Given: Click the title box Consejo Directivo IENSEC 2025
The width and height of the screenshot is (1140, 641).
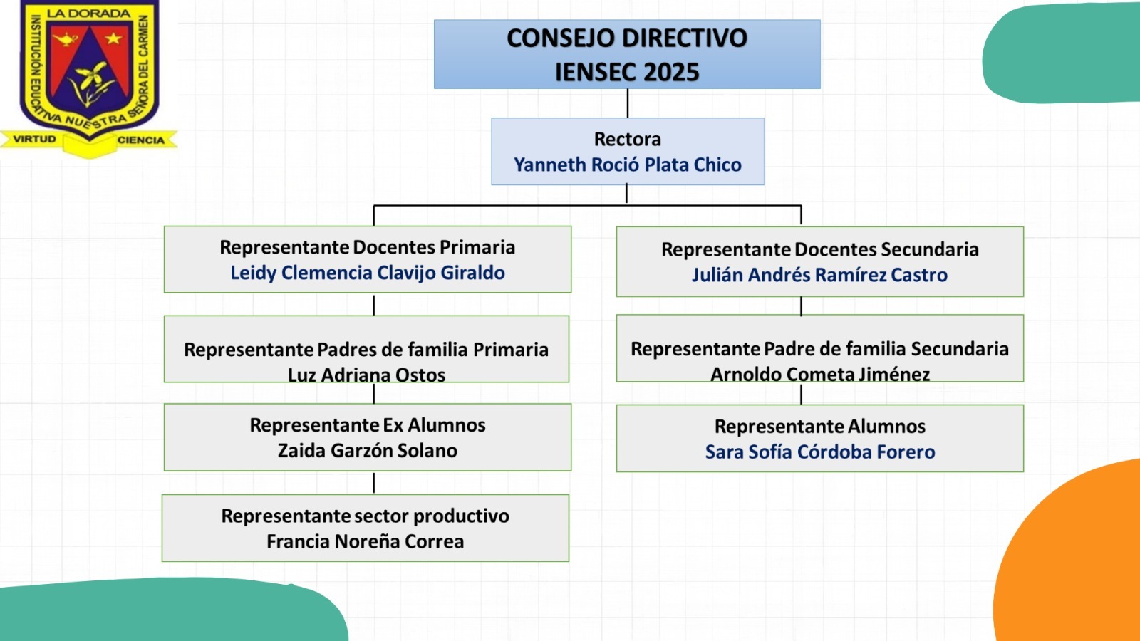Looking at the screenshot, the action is point(627,54).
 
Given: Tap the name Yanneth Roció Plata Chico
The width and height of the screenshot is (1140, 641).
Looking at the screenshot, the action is point(628,165).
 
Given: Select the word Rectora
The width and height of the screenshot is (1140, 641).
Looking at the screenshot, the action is point(628,139).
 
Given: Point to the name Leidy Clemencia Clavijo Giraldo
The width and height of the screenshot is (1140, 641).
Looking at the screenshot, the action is point(368,273).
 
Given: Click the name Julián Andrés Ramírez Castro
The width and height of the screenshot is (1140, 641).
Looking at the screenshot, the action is point(819,275).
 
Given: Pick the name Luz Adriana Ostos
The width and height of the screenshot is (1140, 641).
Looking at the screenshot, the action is point(366,375).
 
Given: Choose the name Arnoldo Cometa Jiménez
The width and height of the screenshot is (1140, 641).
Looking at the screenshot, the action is point(820,375).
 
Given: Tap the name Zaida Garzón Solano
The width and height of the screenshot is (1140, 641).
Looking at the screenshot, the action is point(368,451).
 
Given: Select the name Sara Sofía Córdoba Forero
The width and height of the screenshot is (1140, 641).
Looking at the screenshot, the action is point(820,452).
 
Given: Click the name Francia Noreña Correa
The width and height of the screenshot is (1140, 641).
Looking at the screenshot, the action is point(366,541).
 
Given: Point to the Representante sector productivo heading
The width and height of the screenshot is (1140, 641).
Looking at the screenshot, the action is point(366,516).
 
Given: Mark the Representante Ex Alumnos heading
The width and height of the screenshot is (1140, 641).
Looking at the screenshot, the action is point(368,425).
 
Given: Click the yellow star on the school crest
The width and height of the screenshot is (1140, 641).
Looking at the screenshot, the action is point(113,38).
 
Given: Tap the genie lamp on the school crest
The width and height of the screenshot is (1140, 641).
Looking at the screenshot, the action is point(65,39).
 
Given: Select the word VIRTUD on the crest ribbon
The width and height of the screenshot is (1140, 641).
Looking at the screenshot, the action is point(35,139).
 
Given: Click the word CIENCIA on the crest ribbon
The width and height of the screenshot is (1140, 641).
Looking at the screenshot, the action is point(141,140).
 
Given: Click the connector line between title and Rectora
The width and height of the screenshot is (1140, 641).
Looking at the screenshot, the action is point(628,103).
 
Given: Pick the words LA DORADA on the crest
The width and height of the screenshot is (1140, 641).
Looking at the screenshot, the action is point(89,14).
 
